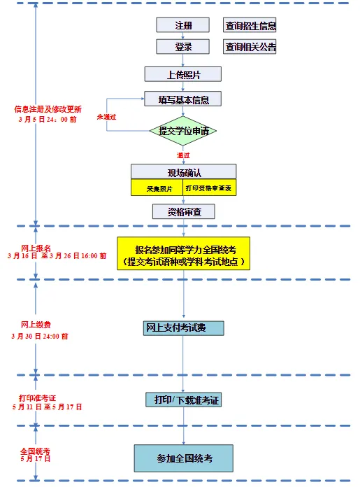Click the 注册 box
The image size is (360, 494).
coord(182,26)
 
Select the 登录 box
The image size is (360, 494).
coord(182,47)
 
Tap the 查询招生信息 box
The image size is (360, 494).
coord(250,26)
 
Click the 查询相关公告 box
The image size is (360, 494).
coord(250,47)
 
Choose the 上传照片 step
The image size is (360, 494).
coord(183,74)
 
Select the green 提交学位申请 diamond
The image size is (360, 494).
coord(183,131)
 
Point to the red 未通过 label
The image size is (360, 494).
coord(106,116)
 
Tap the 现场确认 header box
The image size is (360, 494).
coord(183,172)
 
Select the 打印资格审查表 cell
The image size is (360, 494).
coord(208,188)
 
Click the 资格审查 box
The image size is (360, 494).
coord(183,211)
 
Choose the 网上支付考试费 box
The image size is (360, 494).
coord(184,328)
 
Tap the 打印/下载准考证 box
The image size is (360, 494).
coord(183,400)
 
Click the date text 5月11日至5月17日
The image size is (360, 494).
coord(47,407)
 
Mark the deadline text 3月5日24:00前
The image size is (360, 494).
coord(47,119)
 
